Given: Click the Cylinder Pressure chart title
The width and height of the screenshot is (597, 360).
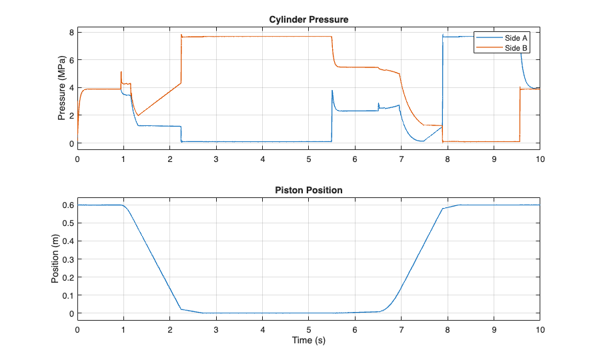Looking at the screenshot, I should (309, 19).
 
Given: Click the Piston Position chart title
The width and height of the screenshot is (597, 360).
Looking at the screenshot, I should (309, 190).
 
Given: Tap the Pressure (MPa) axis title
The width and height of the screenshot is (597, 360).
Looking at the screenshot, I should (62, 88).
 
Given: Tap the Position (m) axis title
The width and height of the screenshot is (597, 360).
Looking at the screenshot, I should (55, 259).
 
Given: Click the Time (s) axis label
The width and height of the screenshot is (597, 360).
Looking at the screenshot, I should (309, 340).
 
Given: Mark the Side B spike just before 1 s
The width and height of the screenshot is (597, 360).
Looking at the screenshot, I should (121, 72).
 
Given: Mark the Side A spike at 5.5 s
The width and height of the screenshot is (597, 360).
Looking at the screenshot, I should (332, 91).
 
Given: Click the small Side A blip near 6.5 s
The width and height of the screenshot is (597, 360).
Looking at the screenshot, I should (378, 104).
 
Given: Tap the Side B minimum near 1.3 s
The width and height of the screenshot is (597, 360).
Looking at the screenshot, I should (138, 116).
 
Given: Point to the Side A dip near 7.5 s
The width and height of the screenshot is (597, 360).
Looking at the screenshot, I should (422, 141).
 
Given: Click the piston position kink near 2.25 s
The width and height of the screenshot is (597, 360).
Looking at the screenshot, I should (181, 309).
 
